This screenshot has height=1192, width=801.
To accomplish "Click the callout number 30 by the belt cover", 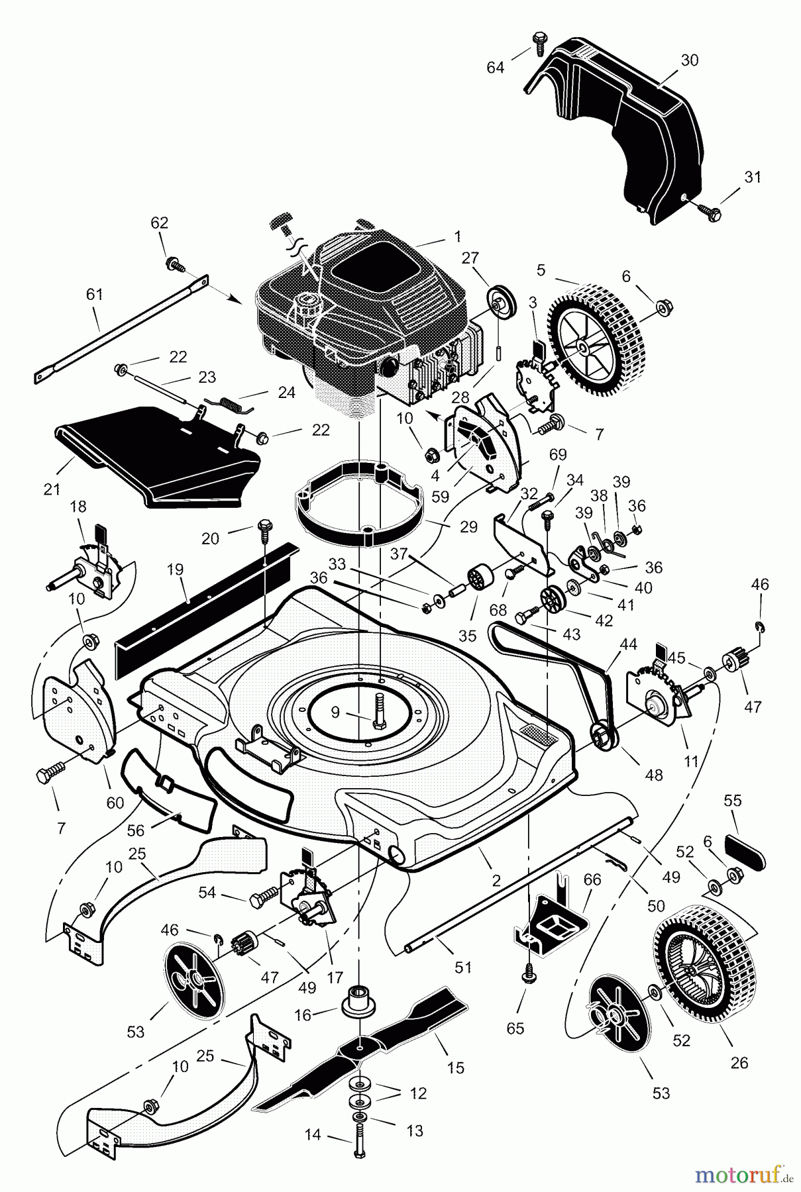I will click(689, 60).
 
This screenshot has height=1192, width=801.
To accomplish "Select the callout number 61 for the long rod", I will click(95, 294).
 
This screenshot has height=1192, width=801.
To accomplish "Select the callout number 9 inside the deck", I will click(335, 713).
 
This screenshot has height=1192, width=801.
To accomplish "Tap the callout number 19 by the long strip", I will click(176, 570).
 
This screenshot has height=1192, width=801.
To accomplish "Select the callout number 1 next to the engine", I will click(457, 235).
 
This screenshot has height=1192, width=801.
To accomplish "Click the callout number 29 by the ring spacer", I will click(468, 527).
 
